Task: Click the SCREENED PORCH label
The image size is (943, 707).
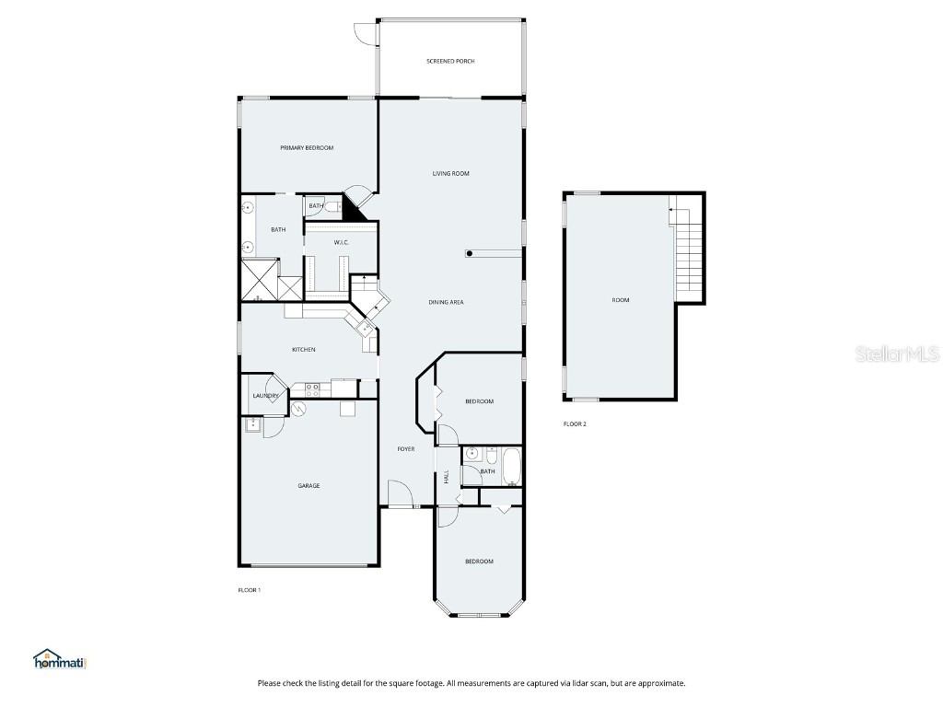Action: (x=450, y=62)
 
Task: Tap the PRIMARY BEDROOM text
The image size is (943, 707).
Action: (x=307, y=148)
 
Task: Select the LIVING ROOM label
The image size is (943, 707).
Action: (x=451, y=173)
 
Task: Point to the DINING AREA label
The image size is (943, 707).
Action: (x=446, y=302)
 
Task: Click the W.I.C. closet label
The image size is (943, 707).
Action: (x=341, y=242)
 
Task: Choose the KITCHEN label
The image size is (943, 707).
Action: (x=304, y=350)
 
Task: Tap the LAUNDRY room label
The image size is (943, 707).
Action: (x=265, y=396)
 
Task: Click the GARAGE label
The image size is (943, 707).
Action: (x=309, y=486)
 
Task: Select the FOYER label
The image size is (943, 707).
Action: (x=405, y=449)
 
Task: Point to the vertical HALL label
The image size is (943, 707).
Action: (x=447, y=477)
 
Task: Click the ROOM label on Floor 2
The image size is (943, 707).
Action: (x=621, y=300)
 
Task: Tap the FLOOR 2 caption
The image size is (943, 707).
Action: (x=575, y=424)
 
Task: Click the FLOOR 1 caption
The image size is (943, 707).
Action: (x=250, y=590)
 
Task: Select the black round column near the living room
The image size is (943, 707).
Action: (x=470, y=253)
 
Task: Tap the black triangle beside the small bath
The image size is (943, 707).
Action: (x=354, y=208)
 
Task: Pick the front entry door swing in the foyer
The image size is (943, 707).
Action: (x=399, y=493)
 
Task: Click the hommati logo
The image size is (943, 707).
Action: (x=59, y=659)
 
